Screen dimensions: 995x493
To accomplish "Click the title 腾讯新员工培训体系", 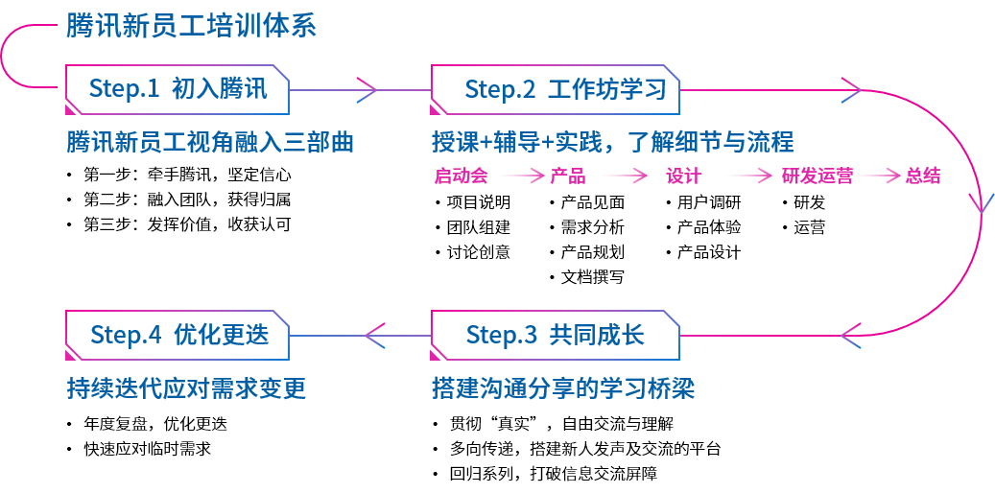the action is (191, 27).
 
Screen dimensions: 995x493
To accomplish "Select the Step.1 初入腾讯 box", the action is (178, 89).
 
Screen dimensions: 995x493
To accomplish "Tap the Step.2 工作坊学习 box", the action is (556, 89).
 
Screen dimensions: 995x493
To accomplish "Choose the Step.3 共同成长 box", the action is (556, 335).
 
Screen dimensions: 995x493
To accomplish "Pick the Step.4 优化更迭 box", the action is (178, 335).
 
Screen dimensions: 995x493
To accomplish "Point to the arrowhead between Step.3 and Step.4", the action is (375, 335).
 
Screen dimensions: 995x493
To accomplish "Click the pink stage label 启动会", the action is (462, 176).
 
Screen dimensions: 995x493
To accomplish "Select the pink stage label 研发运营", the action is (817, 176).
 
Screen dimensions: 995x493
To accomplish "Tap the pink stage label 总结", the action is (923, 176).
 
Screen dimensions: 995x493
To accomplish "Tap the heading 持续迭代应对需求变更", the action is (186, 388).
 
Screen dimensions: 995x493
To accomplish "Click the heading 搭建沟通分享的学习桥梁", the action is (563, 388).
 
